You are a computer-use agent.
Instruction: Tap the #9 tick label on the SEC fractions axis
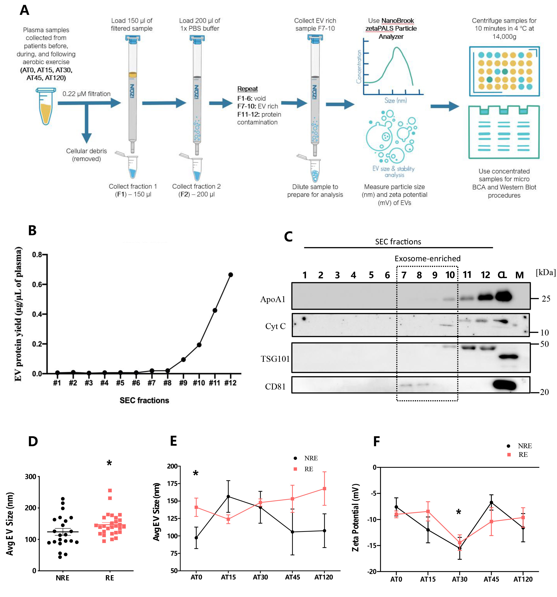183,383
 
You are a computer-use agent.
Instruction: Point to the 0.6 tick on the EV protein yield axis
37,284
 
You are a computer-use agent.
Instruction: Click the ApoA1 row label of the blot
273,299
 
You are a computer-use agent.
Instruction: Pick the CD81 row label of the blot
275,387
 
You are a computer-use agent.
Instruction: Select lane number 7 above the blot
404,275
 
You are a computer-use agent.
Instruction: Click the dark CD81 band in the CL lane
504,385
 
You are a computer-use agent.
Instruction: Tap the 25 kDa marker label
546,299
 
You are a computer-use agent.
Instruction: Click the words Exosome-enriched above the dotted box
427,259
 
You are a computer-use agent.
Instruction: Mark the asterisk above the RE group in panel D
109,463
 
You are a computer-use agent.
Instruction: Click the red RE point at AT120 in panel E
324,489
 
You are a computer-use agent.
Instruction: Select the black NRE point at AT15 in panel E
228,496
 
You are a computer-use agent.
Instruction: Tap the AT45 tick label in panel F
491,579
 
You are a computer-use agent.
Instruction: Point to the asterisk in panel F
458,512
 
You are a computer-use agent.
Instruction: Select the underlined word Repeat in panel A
247,89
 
